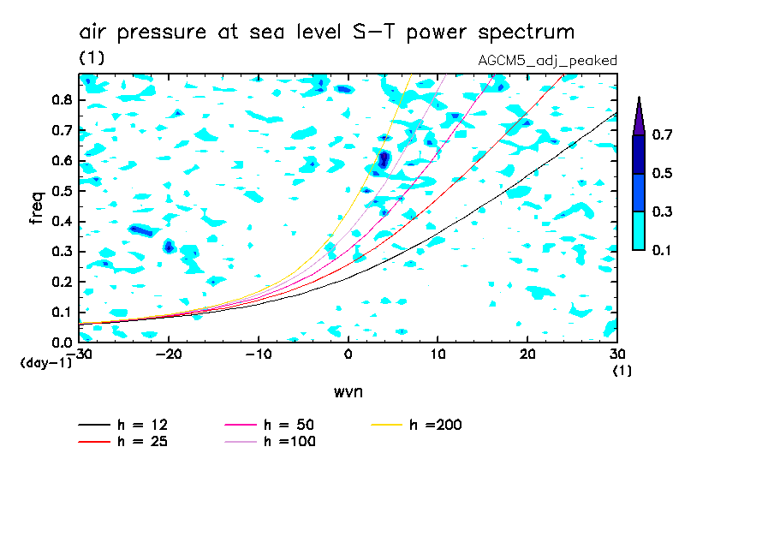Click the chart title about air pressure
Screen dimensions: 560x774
[x=326, y=33]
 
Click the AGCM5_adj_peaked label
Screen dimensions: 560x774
[x=547, y=60]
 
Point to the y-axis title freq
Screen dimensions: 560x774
[x=37, y=208]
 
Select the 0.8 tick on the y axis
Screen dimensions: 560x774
[x=61, y=99]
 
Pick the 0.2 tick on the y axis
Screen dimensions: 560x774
[x=61, y=282]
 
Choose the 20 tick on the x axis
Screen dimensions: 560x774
[x=527, y=354]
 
